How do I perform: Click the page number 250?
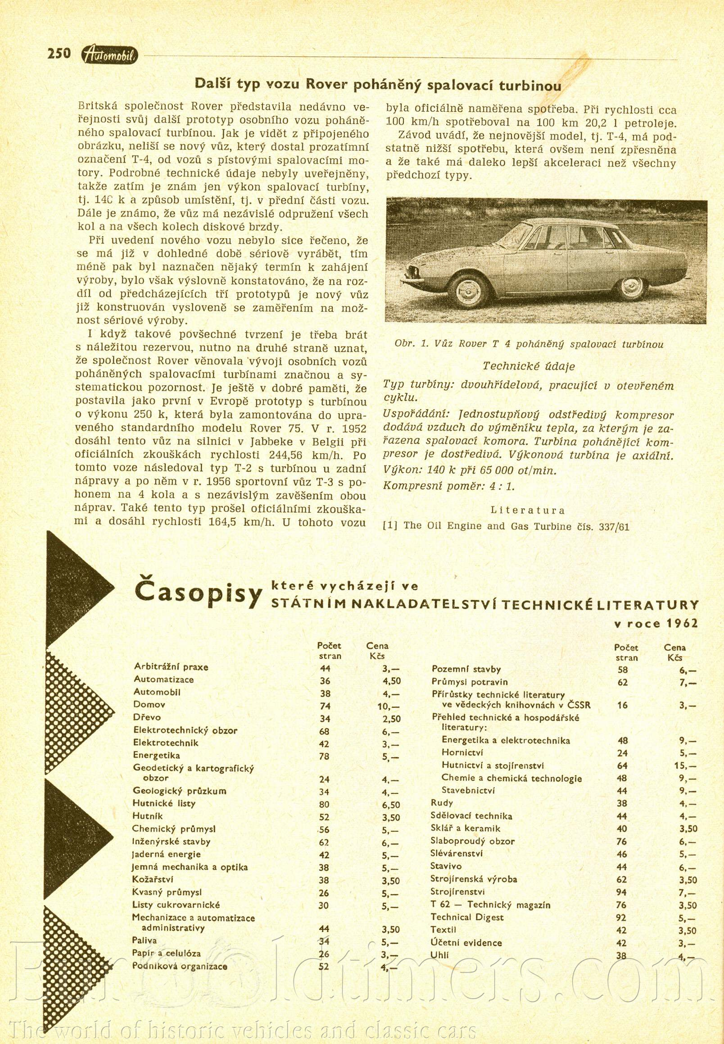tap(59, 54)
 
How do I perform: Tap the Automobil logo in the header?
tap(110, 55)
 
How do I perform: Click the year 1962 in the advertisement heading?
tap(682, 623)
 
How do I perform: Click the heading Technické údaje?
tap(529, 366)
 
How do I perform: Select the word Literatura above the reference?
tap(528, 510)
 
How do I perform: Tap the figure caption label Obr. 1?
tap(412, 344)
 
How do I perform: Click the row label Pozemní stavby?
tap(466, 669)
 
